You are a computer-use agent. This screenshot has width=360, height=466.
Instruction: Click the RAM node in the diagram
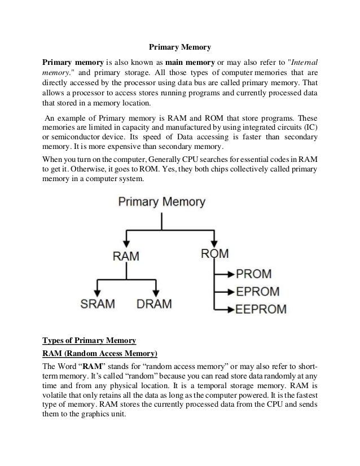(x=126, y=256)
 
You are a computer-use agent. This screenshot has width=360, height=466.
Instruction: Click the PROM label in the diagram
(x=253, y=274)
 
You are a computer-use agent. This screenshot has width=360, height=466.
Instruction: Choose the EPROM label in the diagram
(x=258, y=292)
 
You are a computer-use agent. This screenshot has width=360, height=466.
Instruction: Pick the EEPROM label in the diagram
(x=262, y=309)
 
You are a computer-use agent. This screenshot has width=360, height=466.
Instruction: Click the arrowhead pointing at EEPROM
(x=229, y=309)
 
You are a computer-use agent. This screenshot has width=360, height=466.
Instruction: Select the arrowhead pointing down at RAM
(x=126, y=241)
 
